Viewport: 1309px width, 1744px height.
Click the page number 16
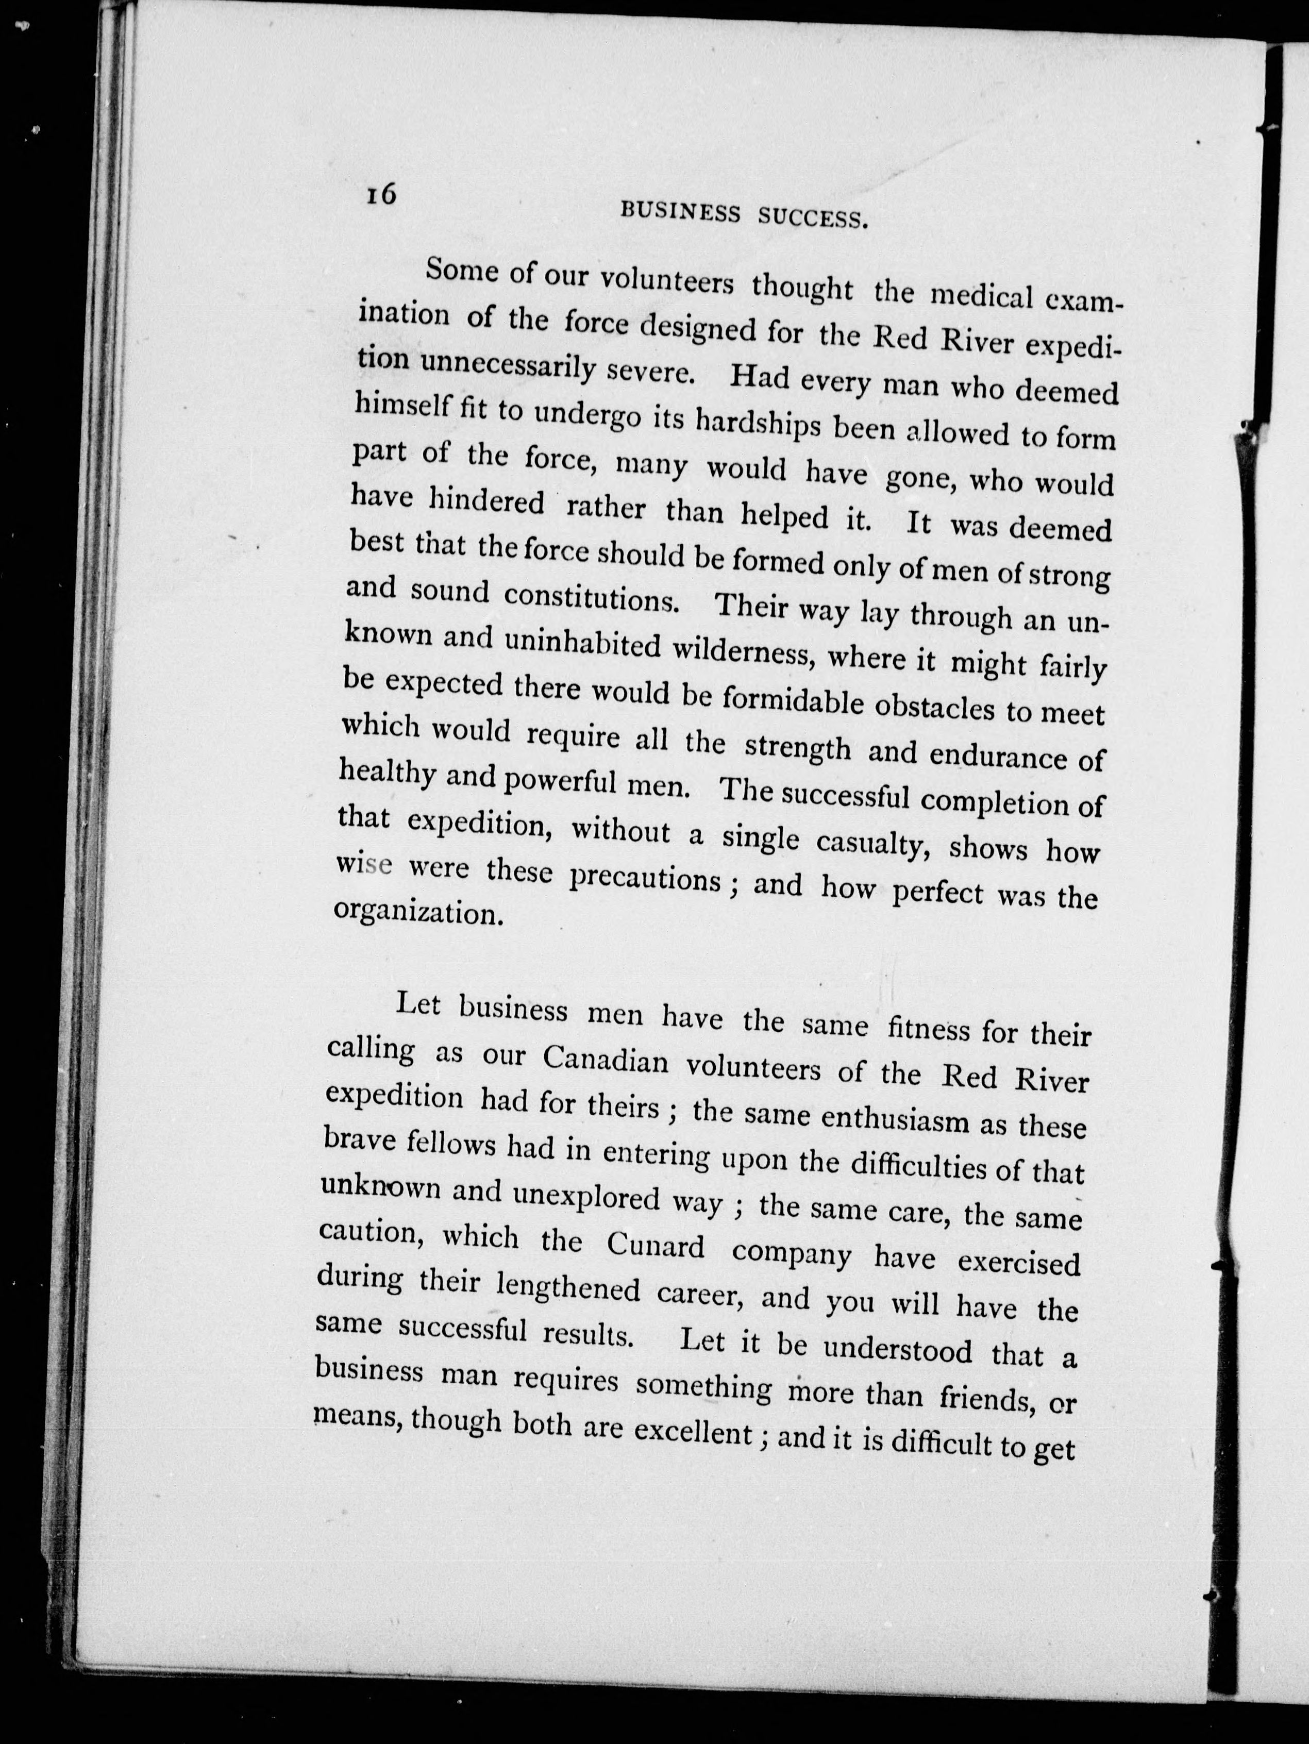pyautogui.click(x=379, y=194)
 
